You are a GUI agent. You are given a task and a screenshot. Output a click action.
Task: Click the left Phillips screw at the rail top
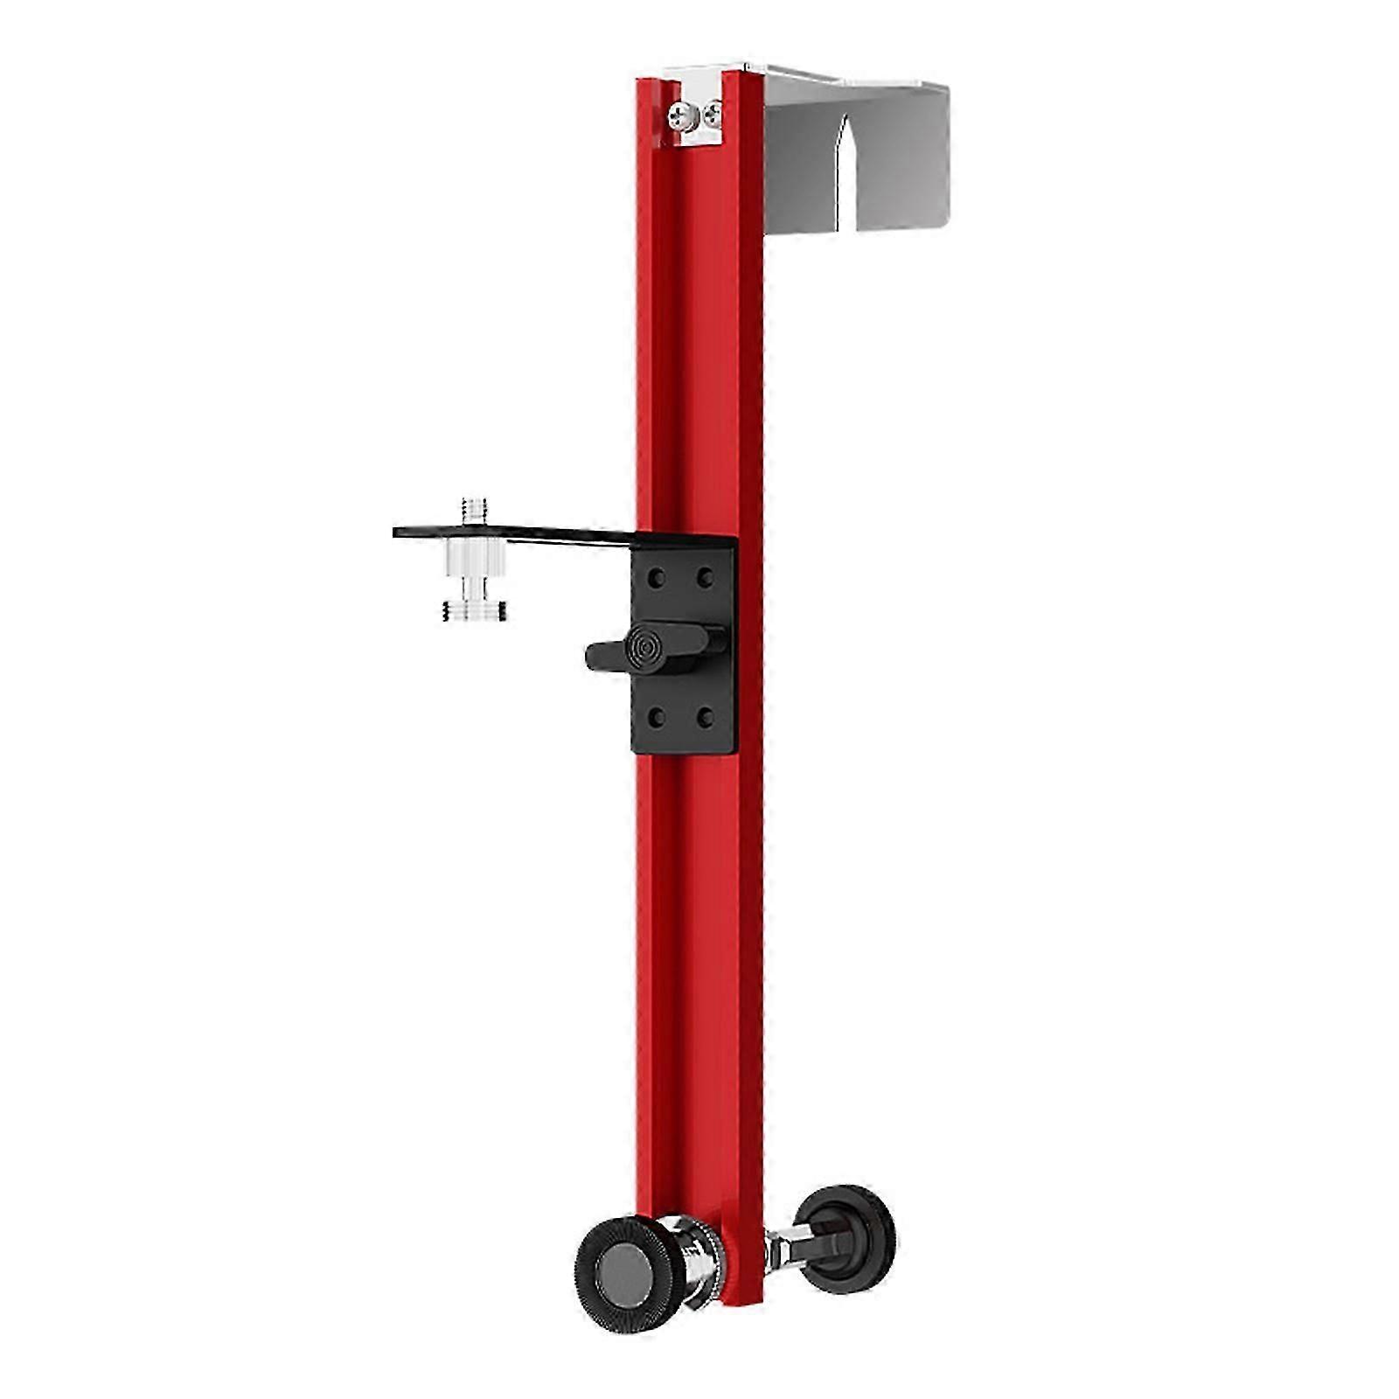pos(679,114)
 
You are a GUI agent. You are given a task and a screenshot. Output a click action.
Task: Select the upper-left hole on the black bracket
pos(657,578)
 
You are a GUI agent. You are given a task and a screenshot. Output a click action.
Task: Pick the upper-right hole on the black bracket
pos(704,578)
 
